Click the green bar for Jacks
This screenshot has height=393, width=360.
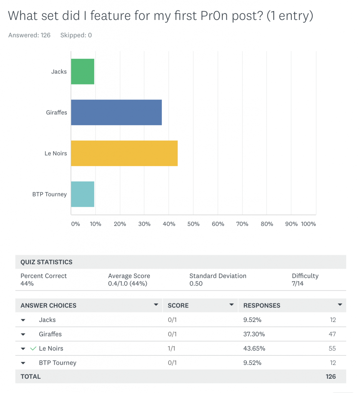(83, 71)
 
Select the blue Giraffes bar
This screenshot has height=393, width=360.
(116, 112)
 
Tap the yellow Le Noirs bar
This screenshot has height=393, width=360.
(124, 153)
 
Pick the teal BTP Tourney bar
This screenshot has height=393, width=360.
(83, 194)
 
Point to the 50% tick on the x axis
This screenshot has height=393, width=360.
(194, 224)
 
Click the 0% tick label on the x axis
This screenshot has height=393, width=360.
(76, 224)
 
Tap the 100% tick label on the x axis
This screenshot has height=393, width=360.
(308, 224)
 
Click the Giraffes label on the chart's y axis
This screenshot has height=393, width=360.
(56, 112)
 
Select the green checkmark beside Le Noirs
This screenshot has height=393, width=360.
(33, 348)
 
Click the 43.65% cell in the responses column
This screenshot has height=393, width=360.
(254, 348)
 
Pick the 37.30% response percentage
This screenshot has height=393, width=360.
(254, 334)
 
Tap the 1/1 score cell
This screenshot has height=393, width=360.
(173, 348)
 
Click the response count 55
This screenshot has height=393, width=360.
(332, 348)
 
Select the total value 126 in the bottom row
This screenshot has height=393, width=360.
(330, 376)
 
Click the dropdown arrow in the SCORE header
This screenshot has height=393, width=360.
(231, 305)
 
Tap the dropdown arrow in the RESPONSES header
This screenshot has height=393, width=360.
(340, 305)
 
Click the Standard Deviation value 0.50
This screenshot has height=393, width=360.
(196, 284)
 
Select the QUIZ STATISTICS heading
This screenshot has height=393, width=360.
(46, 262)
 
